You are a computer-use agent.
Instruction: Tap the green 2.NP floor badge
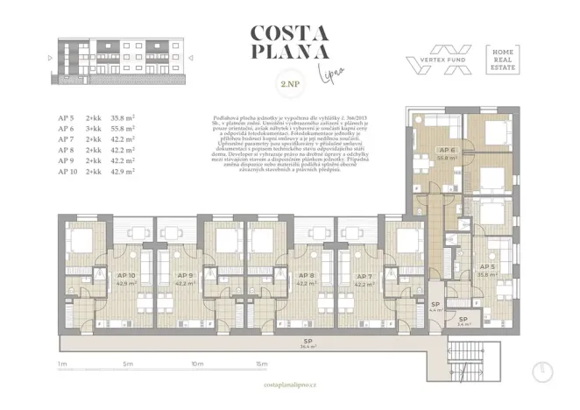289,85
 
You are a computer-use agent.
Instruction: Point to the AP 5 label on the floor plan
488,267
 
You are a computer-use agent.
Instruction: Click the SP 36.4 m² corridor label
308,343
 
